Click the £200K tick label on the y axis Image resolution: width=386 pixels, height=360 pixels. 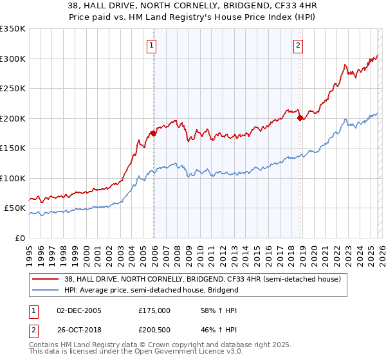pos(12,118)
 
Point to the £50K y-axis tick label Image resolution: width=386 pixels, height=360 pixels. pos(14,208)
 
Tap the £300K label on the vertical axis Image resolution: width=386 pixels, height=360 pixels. pos(12,59)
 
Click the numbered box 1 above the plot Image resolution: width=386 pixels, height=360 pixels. pos(151,45)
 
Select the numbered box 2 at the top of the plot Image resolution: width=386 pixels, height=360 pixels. pos(299,45)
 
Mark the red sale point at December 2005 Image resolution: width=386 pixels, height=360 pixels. pos(153,133)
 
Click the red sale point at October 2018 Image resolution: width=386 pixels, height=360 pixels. pos(300,118)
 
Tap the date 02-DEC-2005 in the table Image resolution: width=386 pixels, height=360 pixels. pos(80,310)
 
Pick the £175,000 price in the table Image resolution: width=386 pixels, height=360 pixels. pos(154,310)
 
